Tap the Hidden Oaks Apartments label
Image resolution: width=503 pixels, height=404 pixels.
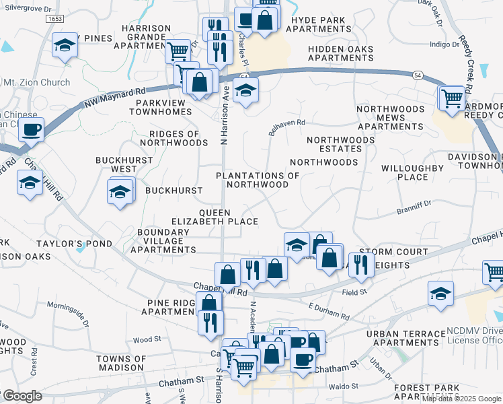(341, 53)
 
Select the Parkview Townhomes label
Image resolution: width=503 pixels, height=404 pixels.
(165, 107)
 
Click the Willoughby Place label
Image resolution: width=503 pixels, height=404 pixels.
(403, 172)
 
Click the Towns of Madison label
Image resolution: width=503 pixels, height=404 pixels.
(120, 363)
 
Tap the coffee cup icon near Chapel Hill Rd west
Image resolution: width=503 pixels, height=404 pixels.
(32, 129)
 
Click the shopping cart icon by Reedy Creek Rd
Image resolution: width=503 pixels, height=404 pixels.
(452, 98)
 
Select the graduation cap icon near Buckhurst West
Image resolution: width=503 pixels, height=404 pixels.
(120, 192)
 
